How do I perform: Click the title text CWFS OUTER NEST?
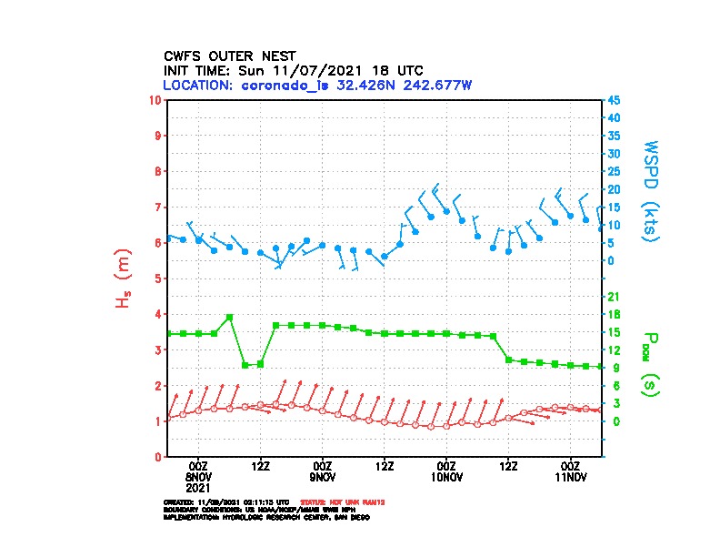pyautogui.click(x=229, y=56)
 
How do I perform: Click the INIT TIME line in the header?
pyautogui.click(x=293, y=70)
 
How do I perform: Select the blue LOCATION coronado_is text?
pyautogui.click(x=316, y=85)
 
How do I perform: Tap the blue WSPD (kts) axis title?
pyautogui.click(x=651, y=189)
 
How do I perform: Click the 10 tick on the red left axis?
pyautogui.click(x=156, y=99)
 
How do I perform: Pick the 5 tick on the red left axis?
pyautogui.click(x=159, y=278)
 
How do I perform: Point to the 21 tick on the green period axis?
pyautogui.click(x=614, y=297)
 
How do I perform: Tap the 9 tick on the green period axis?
pyautogui.click(x=613, y=368)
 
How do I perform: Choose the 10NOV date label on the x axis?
pyautogui.click(x=446, y=476)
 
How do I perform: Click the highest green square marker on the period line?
pyautogui.click(x=229, y=317)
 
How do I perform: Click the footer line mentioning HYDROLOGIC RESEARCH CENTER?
pyautogui.click(x=266, y=517)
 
